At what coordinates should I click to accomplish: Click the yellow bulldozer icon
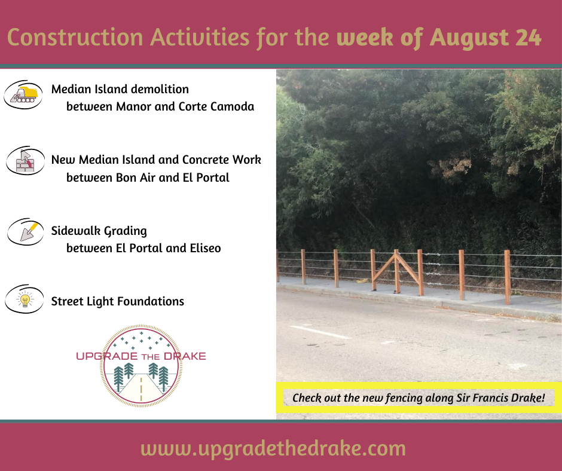click(23, 94)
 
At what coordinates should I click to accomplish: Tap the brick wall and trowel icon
click(25, 161)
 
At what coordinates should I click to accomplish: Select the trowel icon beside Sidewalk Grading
click(26, 231)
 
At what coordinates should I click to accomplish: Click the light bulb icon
click(25, 299)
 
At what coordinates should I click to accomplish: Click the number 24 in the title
click(529, 38)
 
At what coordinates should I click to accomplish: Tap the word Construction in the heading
click(75, 37)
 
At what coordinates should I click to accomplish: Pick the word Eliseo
click(206, 248)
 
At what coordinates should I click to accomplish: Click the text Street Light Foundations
click(118, 301)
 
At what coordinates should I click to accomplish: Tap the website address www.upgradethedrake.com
click(273, 449)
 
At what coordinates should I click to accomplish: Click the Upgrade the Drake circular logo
click(141, 366)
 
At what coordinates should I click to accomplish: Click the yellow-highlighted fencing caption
click(419, 398)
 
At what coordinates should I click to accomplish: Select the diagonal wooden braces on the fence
click(396, 269)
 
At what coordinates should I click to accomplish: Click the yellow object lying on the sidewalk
click(362, 281)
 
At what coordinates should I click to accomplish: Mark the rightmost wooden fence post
click(507, 277)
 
